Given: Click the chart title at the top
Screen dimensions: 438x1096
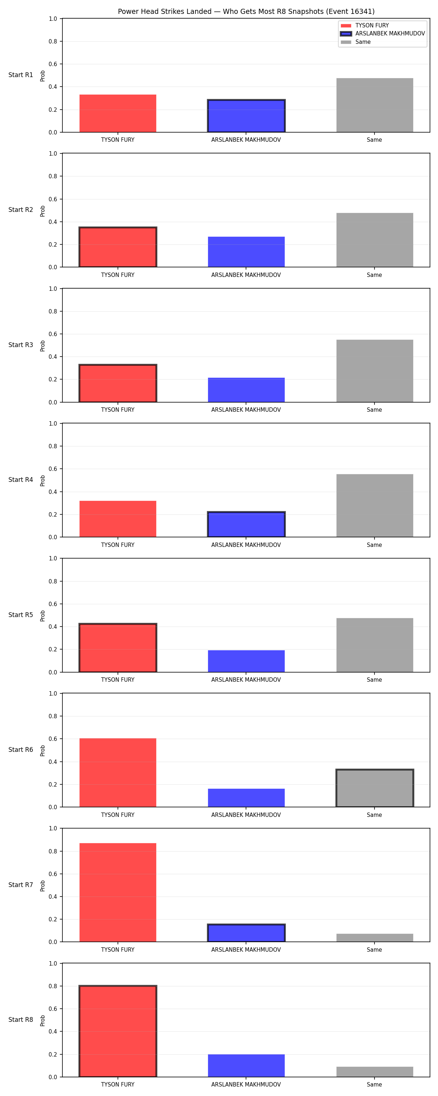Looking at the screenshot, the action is point(246,11).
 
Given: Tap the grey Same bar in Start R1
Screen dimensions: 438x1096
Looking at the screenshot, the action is point(374,105).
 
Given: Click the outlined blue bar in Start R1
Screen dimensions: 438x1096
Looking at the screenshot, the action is point(246,116).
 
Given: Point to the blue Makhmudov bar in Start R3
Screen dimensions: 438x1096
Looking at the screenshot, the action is point(246,390).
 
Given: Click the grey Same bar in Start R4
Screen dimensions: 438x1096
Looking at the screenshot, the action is point(374,506).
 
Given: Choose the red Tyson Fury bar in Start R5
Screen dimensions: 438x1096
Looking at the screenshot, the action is point(118,648).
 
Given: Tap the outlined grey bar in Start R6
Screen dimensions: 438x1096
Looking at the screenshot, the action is point(374,788).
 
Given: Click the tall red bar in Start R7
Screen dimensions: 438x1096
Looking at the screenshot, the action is point(118,893).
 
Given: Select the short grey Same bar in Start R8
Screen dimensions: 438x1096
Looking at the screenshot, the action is point(374,1072).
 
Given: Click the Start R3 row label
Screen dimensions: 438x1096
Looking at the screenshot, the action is point(21,345).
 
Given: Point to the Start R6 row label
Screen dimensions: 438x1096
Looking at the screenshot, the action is point(21,750).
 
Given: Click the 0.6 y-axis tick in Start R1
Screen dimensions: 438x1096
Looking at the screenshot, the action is point(53,64).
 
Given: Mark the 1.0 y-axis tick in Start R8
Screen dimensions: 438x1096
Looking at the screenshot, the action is point(53,964).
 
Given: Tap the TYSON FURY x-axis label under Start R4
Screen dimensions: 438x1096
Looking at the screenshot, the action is point(118,545).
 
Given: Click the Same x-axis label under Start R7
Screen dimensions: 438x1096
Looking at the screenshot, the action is point(374,950).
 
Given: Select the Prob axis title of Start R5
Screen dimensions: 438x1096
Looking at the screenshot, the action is point(43,616).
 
